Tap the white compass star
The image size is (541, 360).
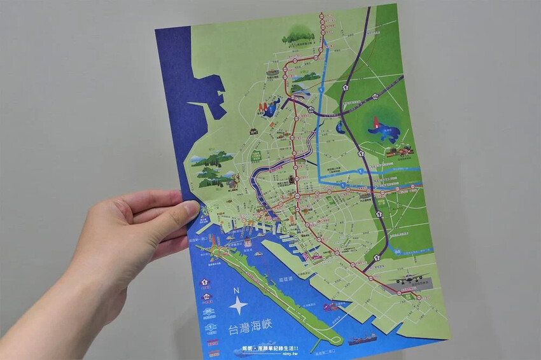(x=237, y=306)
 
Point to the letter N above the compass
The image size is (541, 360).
(x=236, y=291)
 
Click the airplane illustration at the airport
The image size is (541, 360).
(x=407, y=279)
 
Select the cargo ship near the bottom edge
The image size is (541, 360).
(x=362, y=338)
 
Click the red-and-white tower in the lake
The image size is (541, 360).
(x=376, y=122)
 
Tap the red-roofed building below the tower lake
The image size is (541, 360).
(x=398, y=151)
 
